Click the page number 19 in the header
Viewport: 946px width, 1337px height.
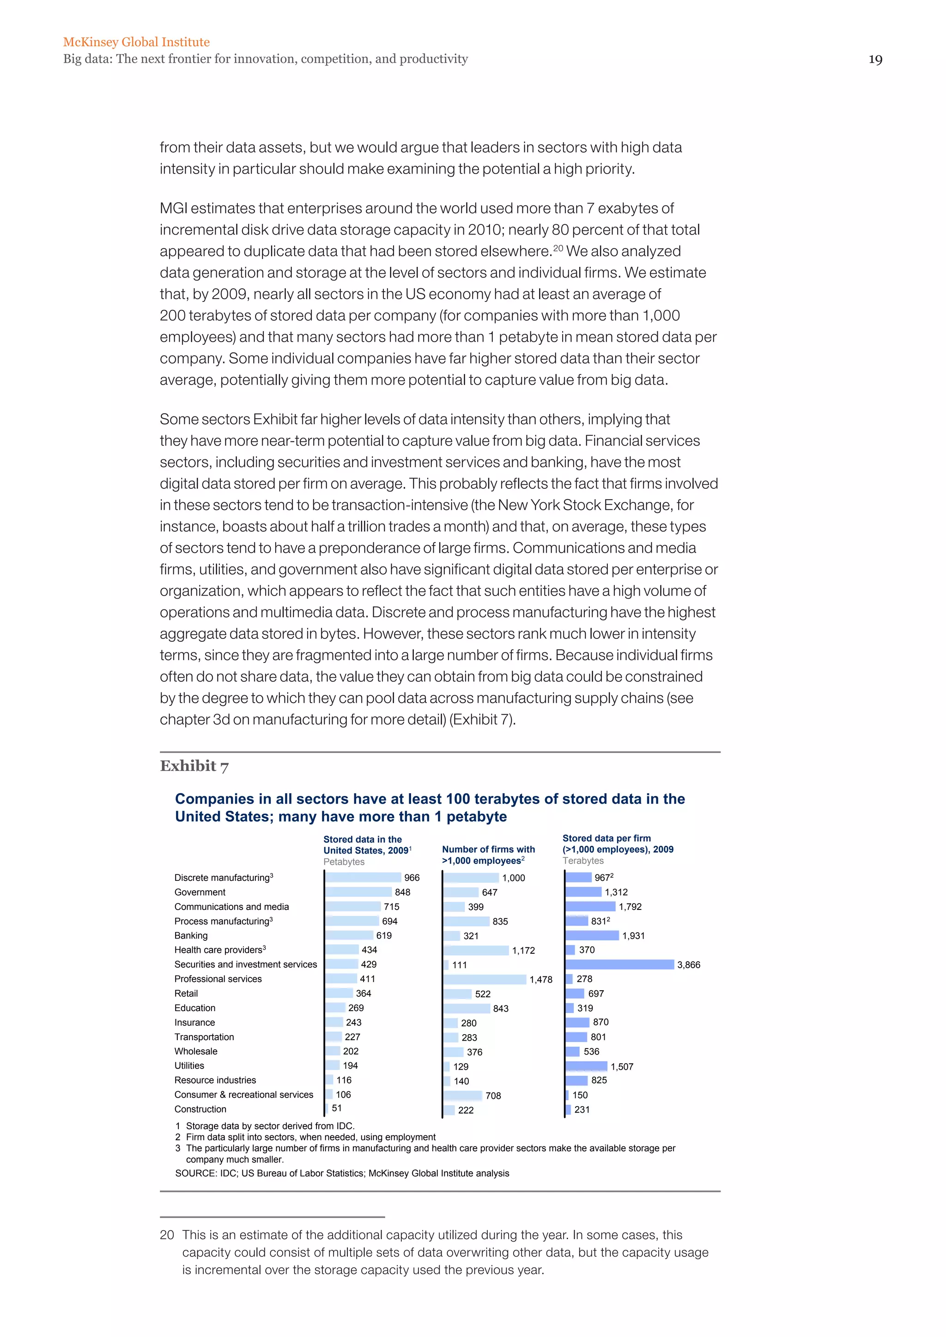coord(875,60)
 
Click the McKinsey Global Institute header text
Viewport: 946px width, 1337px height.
coord(136,42)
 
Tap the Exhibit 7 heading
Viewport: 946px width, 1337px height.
coord(194,766)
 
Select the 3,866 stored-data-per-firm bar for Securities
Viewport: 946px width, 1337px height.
coord(619,964)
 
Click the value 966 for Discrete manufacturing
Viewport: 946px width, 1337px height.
coord(412,878)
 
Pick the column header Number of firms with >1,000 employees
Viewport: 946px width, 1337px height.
coord(488,855)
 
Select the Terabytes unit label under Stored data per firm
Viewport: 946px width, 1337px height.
coord(582,861)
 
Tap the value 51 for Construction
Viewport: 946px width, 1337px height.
coord(337,1108)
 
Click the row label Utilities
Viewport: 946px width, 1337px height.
coord(189,1066)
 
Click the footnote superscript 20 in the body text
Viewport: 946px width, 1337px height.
coord(558,248)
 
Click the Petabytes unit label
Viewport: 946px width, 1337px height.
coord(344,862)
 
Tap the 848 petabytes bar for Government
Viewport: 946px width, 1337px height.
coord(359,892)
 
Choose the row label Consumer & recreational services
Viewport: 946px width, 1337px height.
coord(243,1095)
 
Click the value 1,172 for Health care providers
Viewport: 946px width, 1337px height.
coord(523,950)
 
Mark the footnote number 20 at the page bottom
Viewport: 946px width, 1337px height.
coord(167,1235)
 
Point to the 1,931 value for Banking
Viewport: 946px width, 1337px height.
coord(633,936)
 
